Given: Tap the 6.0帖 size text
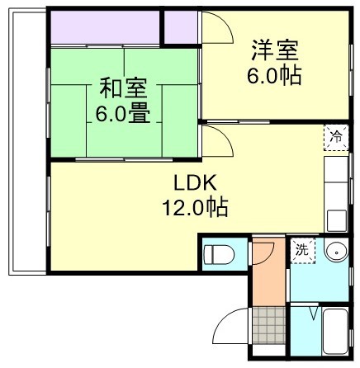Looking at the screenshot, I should [x=275, y=76].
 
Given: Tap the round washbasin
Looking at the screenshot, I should [x=334, y=252].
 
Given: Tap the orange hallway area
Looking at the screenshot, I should [x=265, y=272].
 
